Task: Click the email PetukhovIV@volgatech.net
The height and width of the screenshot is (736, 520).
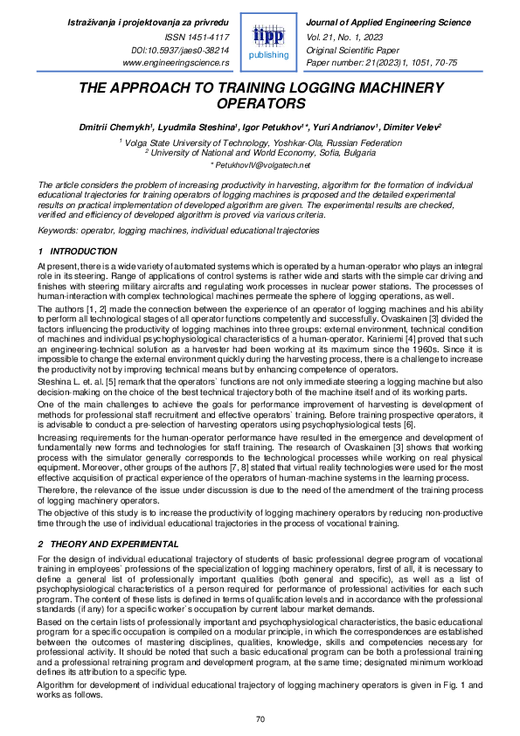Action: coord(260,164)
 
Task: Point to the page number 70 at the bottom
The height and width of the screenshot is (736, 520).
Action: coord(260,719)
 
